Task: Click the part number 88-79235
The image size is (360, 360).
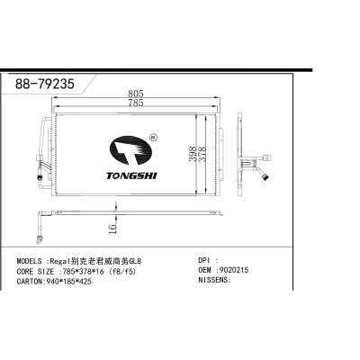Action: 45,84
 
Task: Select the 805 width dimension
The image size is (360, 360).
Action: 136,94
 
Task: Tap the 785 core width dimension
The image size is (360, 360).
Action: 136,103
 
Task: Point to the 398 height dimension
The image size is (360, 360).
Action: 193,154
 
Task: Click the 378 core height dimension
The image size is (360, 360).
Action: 202,154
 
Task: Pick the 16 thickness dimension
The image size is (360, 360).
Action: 112,229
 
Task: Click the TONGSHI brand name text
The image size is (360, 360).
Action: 131,175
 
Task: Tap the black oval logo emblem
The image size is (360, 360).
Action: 130,150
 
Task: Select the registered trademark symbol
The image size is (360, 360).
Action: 153,138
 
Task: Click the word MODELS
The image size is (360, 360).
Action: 29,261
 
